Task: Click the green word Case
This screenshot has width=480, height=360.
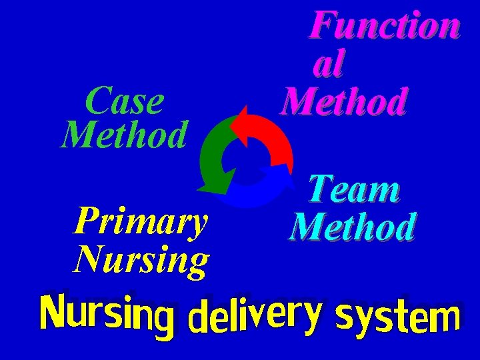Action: pos(125,101)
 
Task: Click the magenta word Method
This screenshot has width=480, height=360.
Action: pos(343,103)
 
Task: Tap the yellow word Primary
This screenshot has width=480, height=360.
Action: pos(141,222)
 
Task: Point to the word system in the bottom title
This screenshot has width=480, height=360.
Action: pos(398,317)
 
